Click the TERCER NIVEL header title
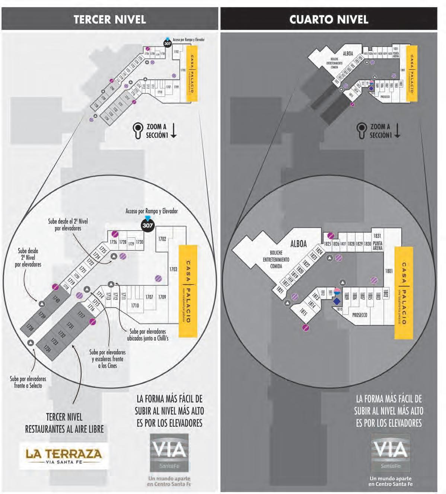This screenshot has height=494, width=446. point(109,19)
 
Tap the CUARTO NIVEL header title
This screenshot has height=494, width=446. point(329,19)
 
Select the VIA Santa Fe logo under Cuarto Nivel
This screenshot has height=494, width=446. point(391,452)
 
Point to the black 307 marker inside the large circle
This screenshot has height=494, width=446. point(148,225)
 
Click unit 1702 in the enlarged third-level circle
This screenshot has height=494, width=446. point(162,239)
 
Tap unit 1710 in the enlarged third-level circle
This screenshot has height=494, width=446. point(135,305)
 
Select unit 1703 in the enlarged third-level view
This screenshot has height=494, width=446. point(173,269)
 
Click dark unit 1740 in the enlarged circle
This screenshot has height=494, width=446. point(57,299)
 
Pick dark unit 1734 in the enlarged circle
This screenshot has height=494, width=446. point(47,349)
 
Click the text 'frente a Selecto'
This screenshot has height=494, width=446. point(28,386)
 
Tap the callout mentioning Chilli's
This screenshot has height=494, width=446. point(148,335)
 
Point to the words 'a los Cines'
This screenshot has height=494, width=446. point(107,366)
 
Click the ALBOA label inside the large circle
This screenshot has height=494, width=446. point(299,244)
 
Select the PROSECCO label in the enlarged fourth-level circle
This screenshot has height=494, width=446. point(360,315)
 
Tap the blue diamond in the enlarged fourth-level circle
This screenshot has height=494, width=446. point(337,301)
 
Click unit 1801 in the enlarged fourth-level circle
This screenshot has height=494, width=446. point(389,271)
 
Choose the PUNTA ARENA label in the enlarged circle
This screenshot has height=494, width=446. point(377,246)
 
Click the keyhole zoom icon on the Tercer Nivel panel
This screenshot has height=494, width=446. point(138,131)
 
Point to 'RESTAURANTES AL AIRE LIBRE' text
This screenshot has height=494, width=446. point(64,429)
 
